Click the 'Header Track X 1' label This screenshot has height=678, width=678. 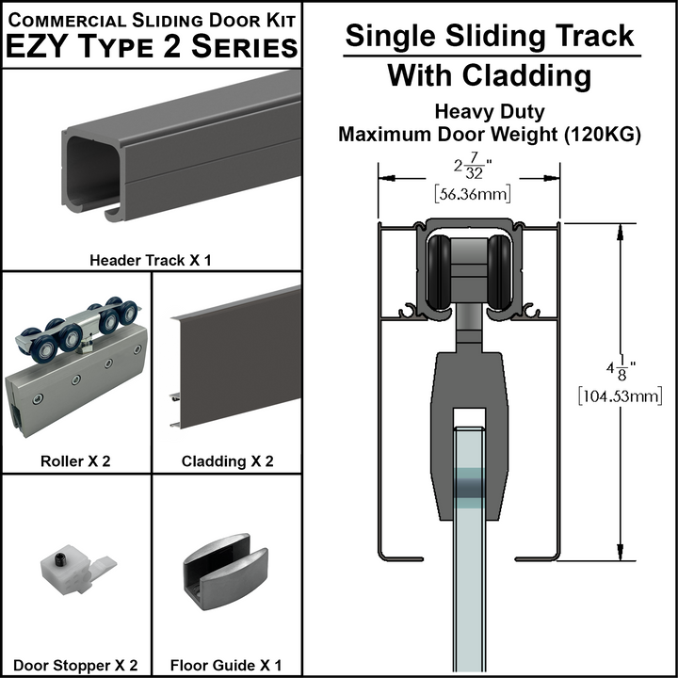pyautogui.click(x=150, y=259)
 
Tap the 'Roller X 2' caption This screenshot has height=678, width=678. pyautogui.click(x=76, y=461)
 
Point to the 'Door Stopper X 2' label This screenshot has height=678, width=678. pyautogui.click(x=76, y=665)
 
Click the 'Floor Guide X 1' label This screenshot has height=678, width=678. pyautogui.click(x=227, y=665)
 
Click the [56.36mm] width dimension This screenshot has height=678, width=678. pyautogui.click(x=469, y=195)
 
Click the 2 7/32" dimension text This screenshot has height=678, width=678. pyautogui.click(x=469, y=169)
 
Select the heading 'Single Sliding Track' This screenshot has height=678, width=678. pyautogui.click(x=490, y=36)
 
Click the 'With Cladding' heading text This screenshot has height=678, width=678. pyautogui.click(x=490, y=75)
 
